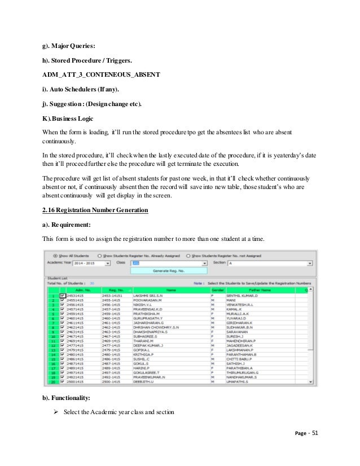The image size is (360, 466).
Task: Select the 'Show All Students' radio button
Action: pos(55,254)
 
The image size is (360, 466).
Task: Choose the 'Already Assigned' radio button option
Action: pos(100,254)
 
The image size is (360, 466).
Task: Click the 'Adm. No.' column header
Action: pos(75,290)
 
